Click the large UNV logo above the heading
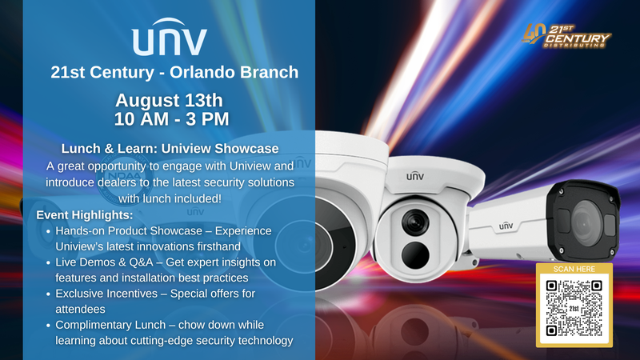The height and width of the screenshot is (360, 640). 170,37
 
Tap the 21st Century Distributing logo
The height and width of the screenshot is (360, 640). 566,35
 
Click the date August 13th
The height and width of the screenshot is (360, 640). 169,101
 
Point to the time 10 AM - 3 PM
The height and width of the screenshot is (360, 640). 171,119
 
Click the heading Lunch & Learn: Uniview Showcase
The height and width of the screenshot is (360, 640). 170,149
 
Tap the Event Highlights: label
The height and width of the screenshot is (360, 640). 85,215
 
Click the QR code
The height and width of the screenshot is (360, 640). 574,309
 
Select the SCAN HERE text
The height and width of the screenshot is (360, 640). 574,269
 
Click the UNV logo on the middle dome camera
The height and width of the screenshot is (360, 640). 415,176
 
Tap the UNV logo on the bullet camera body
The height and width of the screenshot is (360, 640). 506,226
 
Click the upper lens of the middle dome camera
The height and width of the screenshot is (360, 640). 415,222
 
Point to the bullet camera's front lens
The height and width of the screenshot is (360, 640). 586,222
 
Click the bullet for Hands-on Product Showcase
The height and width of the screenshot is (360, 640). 49,231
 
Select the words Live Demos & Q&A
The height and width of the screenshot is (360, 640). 104,262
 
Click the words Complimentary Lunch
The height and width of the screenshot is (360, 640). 110,325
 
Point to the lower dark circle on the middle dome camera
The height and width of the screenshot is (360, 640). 415,255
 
